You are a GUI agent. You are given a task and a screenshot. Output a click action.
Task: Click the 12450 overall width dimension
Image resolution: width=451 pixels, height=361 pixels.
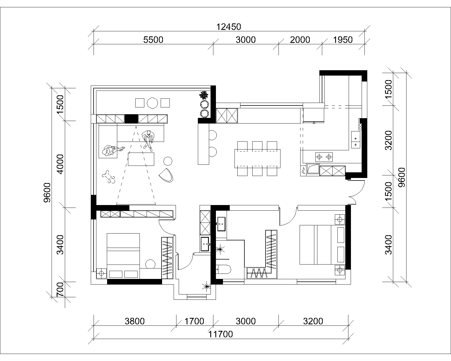pos(229,27)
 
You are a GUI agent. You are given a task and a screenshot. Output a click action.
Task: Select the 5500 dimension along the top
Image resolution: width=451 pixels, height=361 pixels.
pos(153,40)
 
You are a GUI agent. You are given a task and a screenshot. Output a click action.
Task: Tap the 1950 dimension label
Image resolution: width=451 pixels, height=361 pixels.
pos(343,40)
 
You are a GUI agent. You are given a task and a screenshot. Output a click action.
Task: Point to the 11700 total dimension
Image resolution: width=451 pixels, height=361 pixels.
pos(220,334)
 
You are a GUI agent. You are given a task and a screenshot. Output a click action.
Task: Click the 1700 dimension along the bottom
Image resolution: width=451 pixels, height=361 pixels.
pos(194,321)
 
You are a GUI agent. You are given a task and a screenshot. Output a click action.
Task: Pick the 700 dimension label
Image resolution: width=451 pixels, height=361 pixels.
pos(60,289)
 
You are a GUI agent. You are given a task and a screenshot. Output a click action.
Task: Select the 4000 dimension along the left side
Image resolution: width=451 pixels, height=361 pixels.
pos(60,164)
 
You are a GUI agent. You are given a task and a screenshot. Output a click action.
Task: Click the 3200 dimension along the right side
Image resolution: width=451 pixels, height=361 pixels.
pos(388,140)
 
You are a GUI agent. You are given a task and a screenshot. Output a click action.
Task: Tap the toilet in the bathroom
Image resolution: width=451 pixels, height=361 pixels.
pos(224,269)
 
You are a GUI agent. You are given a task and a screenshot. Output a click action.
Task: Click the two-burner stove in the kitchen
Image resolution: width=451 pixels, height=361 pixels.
pos(324,157)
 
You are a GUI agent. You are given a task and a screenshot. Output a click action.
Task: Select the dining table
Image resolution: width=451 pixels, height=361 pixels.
pos(257,159)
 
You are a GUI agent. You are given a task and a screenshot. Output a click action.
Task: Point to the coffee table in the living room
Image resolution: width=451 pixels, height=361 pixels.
pos(141,159)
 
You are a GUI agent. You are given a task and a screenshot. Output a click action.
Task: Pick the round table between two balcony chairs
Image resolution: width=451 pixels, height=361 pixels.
pos(152,103)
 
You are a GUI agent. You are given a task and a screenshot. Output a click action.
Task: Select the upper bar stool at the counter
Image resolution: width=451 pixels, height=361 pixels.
pos(213,135)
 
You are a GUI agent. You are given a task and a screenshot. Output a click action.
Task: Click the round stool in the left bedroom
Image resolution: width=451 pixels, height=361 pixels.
pos(150,264)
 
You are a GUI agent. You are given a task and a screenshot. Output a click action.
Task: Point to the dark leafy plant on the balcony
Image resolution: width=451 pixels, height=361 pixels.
pos(204,95)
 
